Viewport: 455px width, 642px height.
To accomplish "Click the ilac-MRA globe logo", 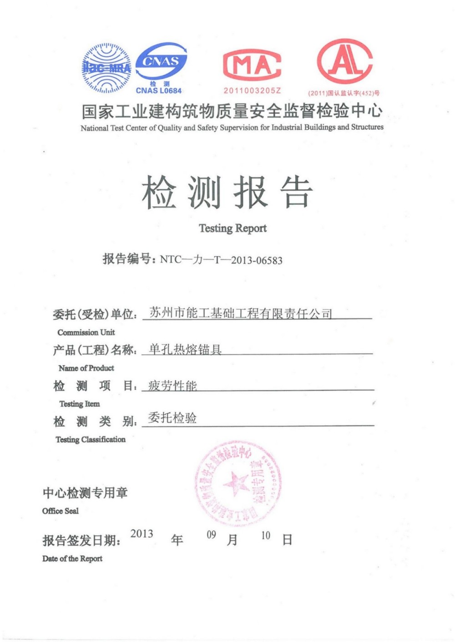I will [106, 68].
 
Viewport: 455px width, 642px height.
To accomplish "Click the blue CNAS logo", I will [161, 62].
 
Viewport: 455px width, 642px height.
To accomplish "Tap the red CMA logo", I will [252, 65].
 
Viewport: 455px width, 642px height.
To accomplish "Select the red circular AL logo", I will [344, 62].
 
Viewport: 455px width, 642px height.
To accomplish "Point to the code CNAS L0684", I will [159, 91].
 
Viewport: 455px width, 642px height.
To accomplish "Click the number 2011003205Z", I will [252, 91].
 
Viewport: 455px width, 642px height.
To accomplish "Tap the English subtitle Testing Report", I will [233, 228].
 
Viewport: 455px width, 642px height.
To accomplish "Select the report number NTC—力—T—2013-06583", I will [221, 260].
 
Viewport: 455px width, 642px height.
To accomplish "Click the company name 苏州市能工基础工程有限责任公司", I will [241, 313].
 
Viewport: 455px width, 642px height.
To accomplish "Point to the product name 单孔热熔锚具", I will [185, 349].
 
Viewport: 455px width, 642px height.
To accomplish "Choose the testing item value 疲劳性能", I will [172, 386].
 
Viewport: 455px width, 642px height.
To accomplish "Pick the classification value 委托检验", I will [172, 418].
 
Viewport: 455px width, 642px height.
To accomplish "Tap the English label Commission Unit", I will [86, 332].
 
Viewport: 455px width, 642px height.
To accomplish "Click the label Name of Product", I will [86, 368].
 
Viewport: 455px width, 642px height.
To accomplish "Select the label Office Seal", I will [60, 511].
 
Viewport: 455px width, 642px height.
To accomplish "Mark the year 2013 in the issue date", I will [142, 534].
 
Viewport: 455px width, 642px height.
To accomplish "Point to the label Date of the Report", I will [72, 559].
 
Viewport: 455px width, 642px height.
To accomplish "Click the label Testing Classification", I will [91, 439].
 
